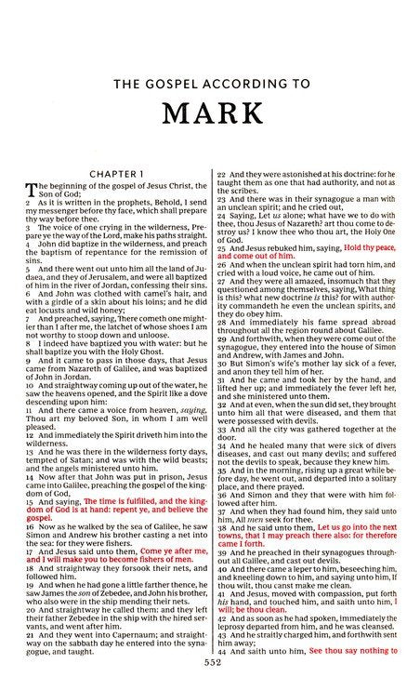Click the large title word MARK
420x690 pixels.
(210, 109)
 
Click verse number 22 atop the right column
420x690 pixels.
(220, 173)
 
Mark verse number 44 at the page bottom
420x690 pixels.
(220, 670)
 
